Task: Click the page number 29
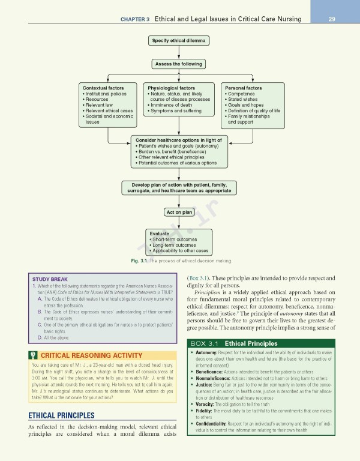(331, 19)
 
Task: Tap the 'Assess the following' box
(179, 64)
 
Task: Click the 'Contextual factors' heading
(103, 88)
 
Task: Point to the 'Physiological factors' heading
(171, 88)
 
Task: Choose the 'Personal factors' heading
(243, 88)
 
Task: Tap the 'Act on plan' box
(179, 212)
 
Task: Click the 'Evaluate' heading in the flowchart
(160, 234)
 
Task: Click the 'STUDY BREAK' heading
(51, 279)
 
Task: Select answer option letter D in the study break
(39, 337)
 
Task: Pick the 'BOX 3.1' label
(206, 343)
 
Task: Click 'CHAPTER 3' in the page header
(134, 19)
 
